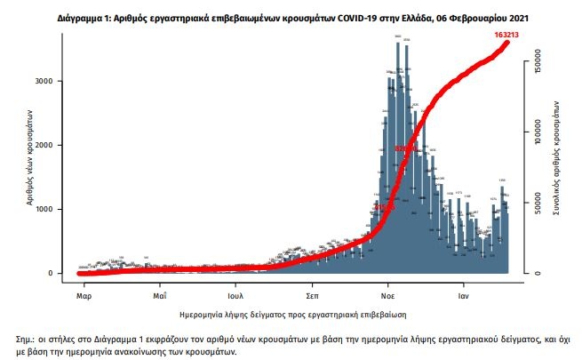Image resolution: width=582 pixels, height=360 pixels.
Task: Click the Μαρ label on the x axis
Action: [x=84, y=292]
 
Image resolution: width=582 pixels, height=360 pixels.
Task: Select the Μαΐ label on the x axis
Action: [x=160, y=292]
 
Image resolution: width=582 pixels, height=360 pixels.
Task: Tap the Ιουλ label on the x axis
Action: [x=235, y=292]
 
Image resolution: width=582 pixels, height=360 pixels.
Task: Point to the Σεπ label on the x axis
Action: [x=312, y=292]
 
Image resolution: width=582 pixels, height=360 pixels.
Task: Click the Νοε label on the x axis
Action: [x=388, y=292]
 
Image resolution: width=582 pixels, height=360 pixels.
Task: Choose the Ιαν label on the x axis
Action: [x=463, y=292]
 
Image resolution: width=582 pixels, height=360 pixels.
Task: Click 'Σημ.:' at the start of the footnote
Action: [x=28, y=340]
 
